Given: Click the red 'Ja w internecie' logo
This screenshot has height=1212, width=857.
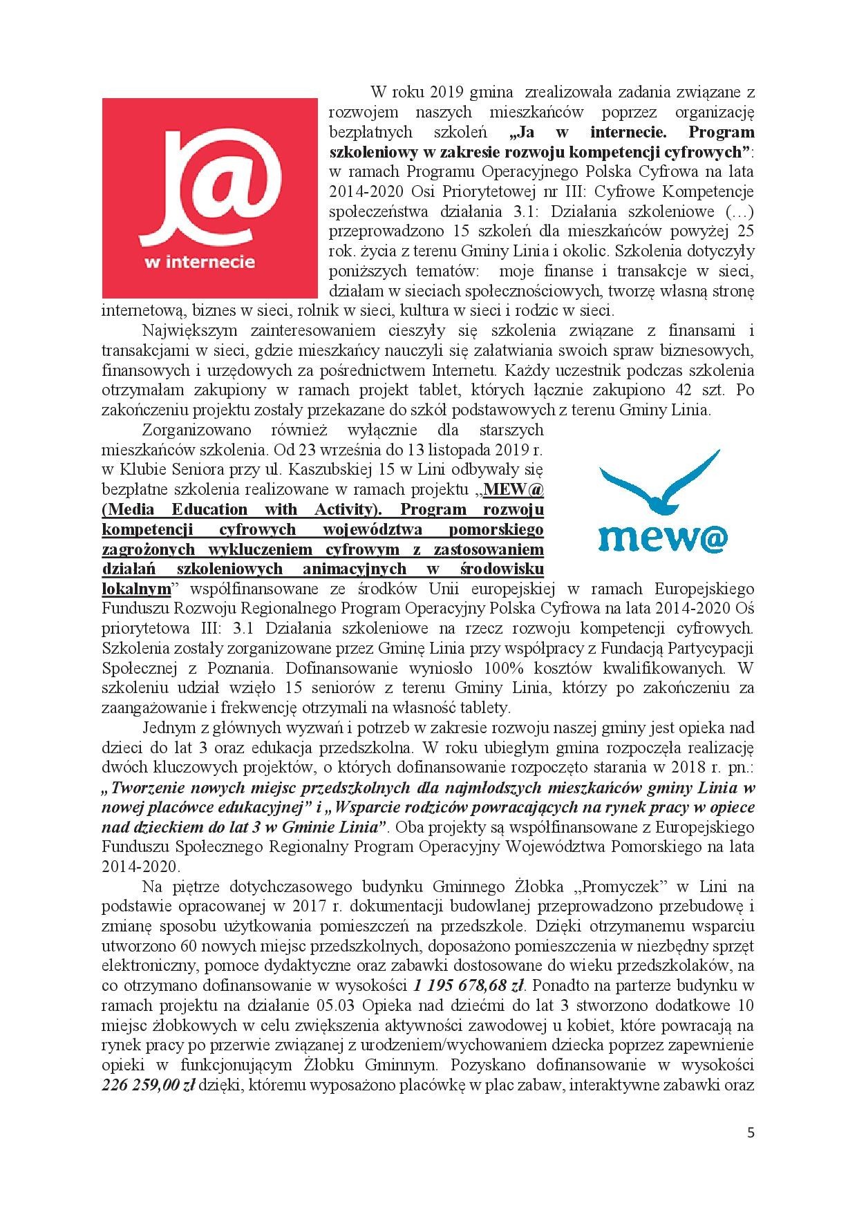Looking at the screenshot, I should (x=209, y=198).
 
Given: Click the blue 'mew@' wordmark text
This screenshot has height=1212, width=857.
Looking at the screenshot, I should (x=662, y=538).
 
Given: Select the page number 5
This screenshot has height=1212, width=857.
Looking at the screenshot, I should (x=751, y=1134).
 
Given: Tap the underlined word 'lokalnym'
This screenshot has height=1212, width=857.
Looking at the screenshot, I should (x=135, y=589).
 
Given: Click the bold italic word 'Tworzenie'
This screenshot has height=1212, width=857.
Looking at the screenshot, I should (x=149, y=787).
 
